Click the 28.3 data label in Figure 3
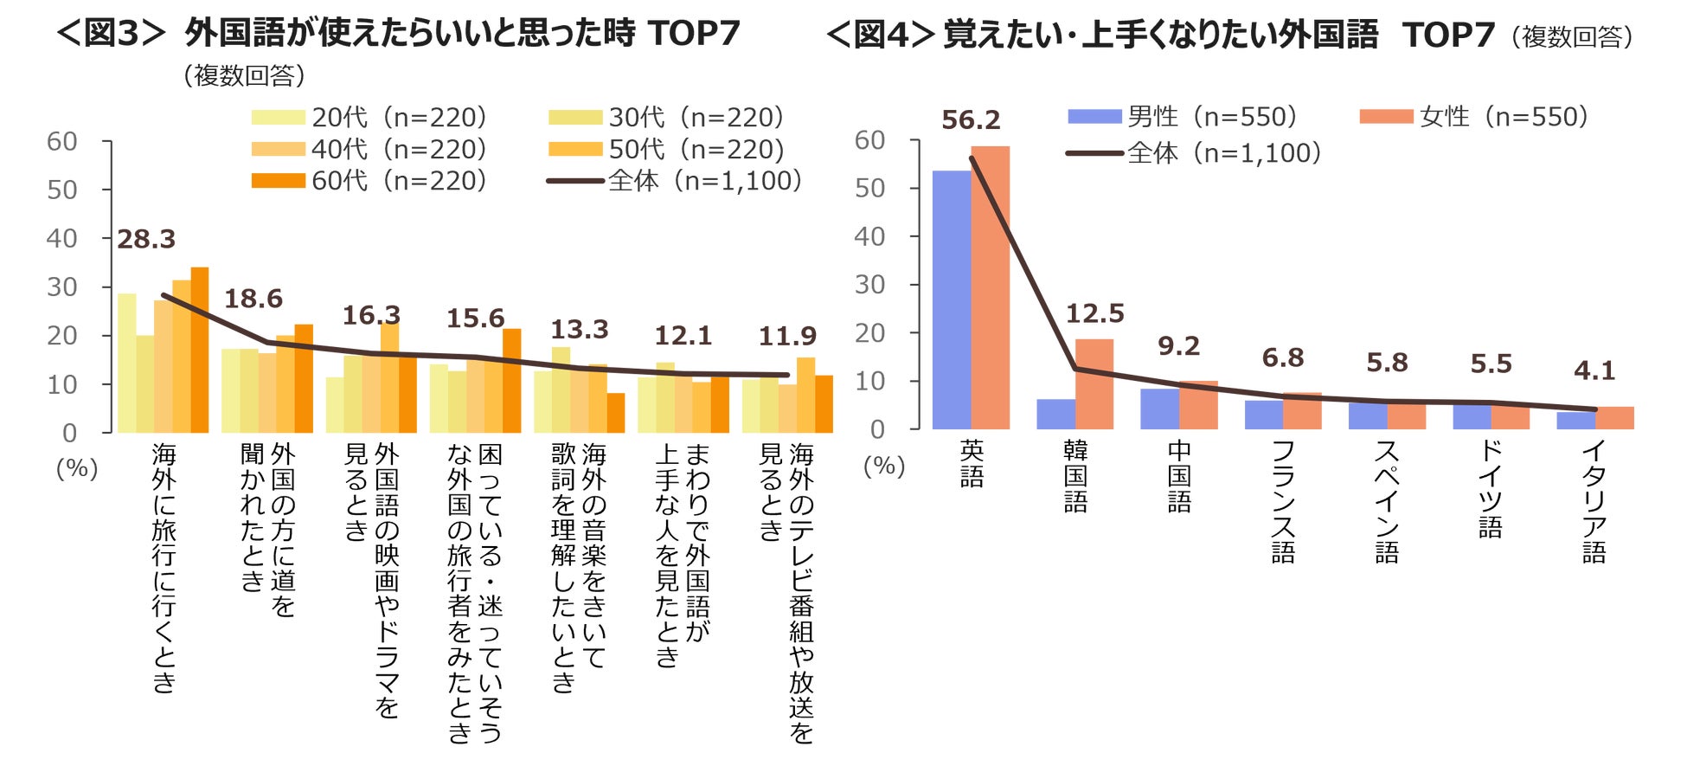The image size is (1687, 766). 146,240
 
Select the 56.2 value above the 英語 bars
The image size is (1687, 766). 971,120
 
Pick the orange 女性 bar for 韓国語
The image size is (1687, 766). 1094,384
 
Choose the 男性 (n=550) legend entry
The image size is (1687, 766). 1183,117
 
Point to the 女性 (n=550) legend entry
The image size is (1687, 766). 1474,117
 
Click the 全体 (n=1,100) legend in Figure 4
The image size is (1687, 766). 1195,153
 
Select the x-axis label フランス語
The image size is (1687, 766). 1283,502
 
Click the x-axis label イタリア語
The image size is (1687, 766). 1594,502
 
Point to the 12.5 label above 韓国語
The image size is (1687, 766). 1094,314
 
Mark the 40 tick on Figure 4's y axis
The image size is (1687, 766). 869,236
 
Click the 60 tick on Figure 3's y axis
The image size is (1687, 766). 62,141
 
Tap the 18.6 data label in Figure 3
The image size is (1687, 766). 253,299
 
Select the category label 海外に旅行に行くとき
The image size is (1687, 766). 164,568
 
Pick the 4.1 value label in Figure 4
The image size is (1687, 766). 1594,371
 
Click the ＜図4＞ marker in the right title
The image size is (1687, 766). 881,35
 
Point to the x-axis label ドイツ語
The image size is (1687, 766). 1490,489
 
